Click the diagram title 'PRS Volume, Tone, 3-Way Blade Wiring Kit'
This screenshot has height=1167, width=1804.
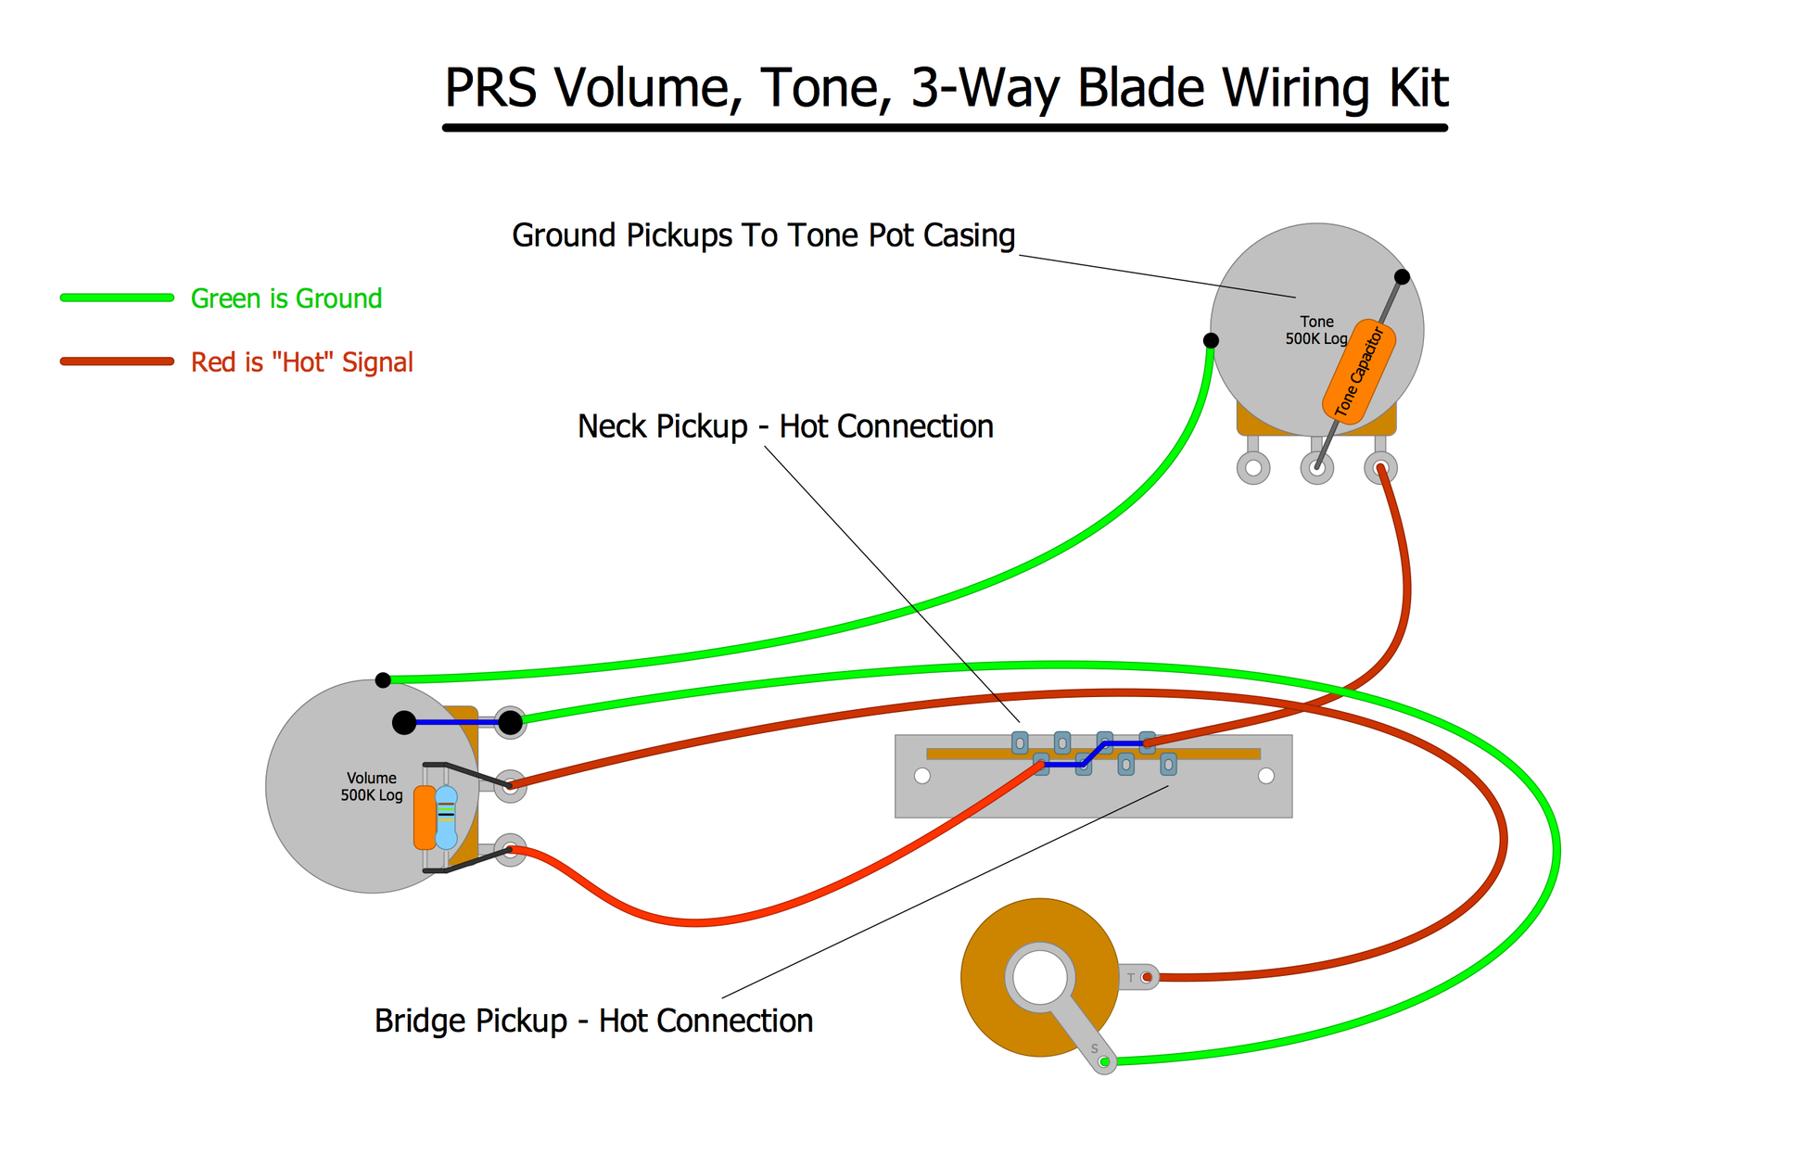coord(946,89)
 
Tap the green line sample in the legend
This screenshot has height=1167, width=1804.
coord(117,298)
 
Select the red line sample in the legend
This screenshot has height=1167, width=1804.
coord(117,362)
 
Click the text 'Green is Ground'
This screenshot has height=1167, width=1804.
coord(286,298)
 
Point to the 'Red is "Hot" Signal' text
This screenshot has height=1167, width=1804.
coord(302,362)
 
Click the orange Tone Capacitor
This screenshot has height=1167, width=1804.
coord(1359,372)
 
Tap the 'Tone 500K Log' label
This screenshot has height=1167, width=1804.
coord(1316,330)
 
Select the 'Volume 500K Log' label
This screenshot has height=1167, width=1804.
coord(372,787)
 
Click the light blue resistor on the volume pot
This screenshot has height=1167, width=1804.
coord(446,818)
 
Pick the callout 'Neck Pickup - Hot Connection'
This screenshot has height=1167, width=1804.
coord(785,426)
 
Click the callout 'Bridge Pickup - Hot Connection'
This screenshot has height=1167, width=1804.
coord(593,1021)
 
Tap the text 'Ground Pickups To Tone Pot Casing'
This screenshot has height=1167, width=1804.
coord(764,235)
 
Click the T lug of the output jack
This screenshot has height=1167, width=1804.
coord(1139,977)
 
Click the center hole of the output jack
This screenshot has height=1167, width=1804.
coord(1040,978)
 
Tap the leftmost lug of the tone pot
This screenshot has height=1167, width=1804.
coord(1253,468)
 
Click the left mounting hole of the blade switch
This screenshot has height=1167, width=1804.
coord(922,776)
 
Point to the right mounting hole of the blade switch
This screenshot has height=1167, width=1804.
coord(1266,776)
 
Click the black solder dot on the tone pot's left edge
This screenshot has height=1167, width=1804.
coord(1211,340)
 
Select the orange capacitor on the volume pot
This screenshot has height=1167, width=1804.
coord(425,818)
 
